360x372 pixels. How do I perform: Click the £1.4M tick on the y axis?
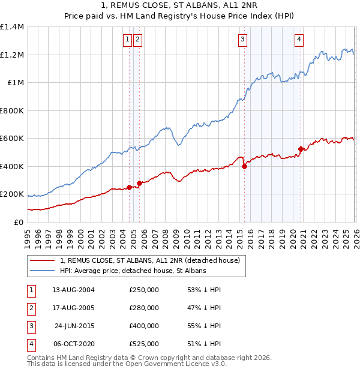[12, 27]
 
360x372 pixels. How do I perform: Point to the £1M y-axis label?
[15, 83]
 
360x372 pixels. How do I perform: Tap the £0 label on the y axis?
[19, 222]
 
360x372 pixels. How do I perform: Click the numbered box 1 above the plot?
[128, 40]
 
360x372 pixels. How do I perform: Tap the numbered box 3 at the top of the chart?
[242, 40]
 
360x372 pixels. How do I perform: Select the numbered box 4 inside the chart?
[299, 40]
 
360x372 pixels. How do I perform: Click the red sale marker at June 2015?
[244, 167]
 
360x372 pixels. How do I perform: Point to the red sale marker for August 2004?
[129, 187]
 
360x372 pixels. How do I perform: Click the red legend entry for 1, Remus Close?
[150, 260]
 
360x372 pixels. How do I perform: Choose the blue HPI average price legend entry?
[133, 271]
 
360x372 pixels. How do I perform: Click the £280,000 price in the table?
[144, 308]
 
